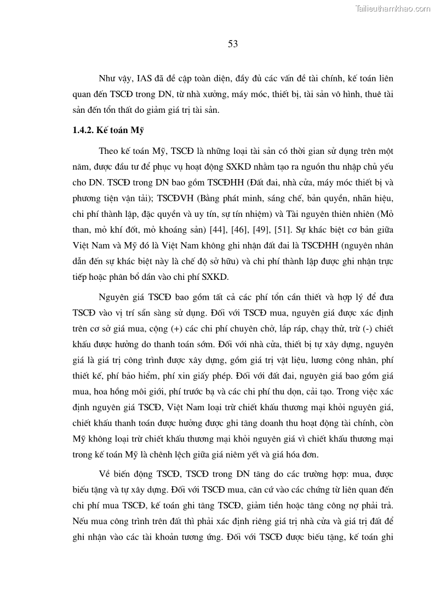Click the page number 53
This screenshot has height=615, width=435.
coord(232,44)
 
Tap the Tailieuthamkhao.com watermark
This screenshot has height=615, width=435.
coord(393,8)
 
